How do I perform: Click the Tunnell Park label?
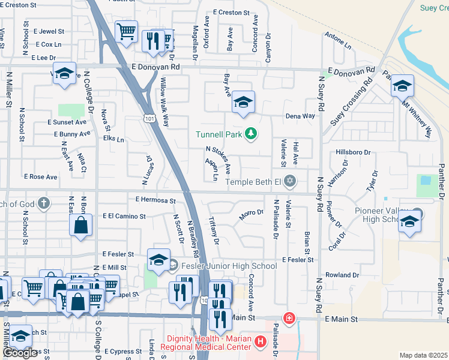218,134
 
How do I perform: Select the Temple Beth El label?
253,181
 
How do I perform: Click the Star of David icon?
290,181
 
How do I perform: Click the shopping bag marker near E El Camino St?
80,227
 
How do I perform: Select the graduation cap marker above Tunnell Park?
243,103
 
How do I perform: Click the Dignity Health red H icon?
261,342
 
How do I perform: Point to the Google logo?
20,353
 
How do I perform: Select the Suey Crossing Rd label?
352,101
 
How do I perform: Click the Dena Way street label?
300,116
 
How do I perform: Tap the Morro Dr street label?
252,213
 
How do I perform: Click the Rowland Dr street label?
342,275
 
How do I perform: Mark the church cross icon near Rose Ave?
43,203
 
